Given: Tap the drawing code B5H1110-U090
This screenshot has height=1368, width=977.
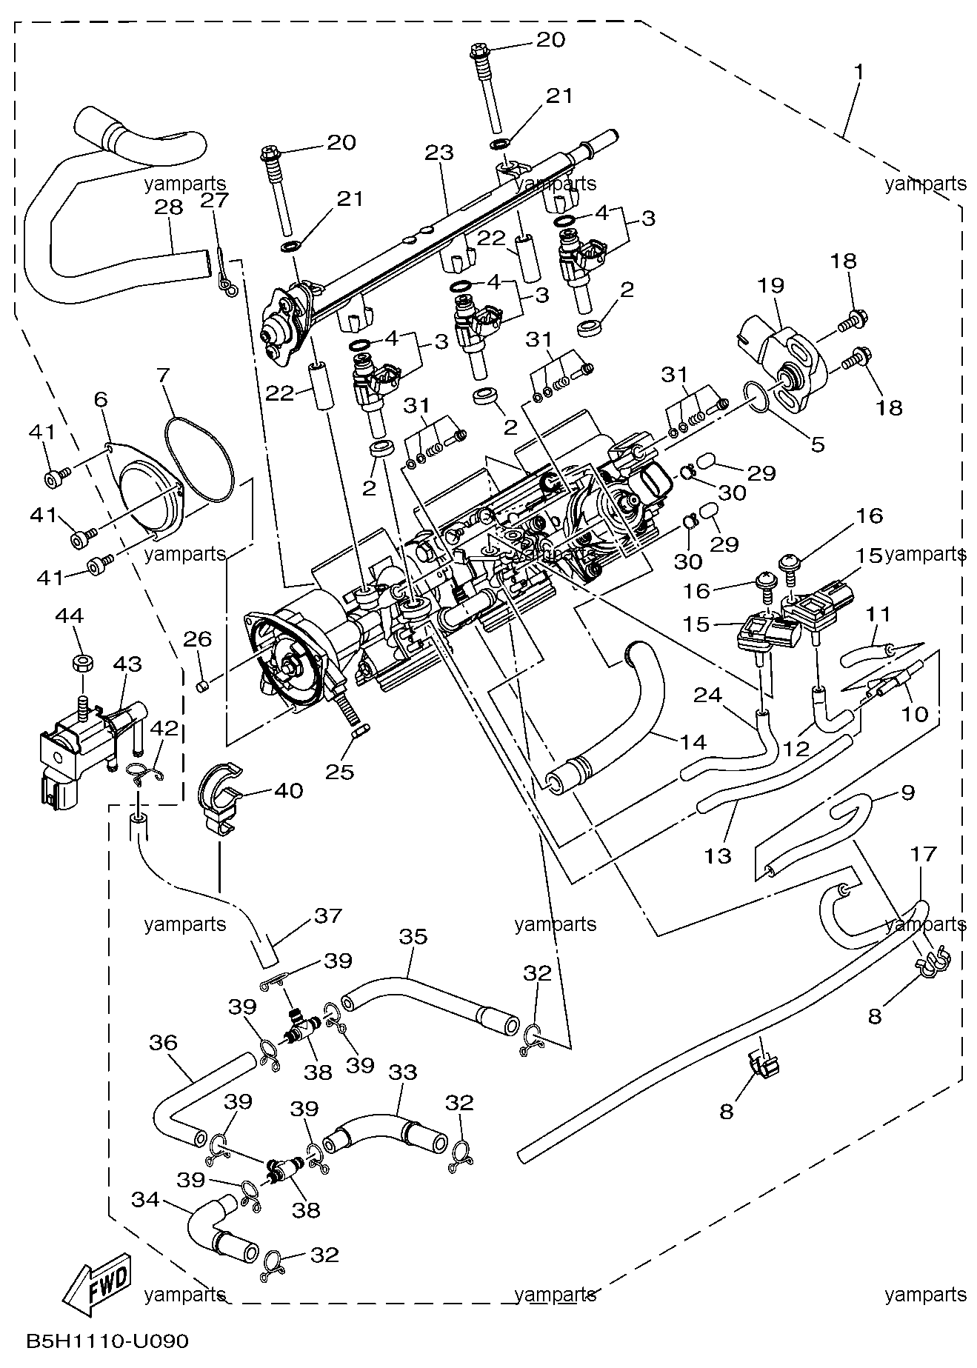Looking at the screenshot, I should click(x=107, y=1341).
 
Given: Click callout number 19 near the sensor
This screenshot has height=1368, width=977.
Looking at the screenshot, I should click(x=770, y=285).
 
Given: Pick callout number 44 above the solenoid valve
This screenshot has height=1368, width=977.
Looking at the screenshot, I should click(x=69, y=616).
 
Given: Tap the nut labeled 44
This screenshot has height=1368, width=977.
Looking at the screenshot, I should click(x=81, y=661).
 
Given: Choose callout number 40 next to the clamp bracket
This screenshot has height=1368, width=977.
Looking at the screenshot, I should click(x=288, y=791).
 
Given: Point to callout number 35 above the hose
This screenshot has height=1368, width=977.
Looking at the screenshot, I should click(x=413, y=937).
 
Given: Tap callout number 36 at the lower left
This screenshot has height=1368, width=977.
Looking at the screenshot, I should click(x=163, y=1043).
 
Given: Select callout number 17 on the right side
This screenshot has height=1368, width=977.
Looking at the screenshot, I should click(x=923, y=854).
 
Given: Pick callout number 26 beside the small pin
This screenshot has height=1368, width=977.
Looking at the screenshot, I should click(x=197, y=638).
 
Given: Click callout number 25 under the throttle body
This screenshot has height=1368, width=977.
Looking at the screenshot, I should click(x=340, y=772).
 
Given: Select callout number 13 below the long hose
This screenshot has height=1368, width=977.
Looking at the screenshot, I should click(x=717, y=856).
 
